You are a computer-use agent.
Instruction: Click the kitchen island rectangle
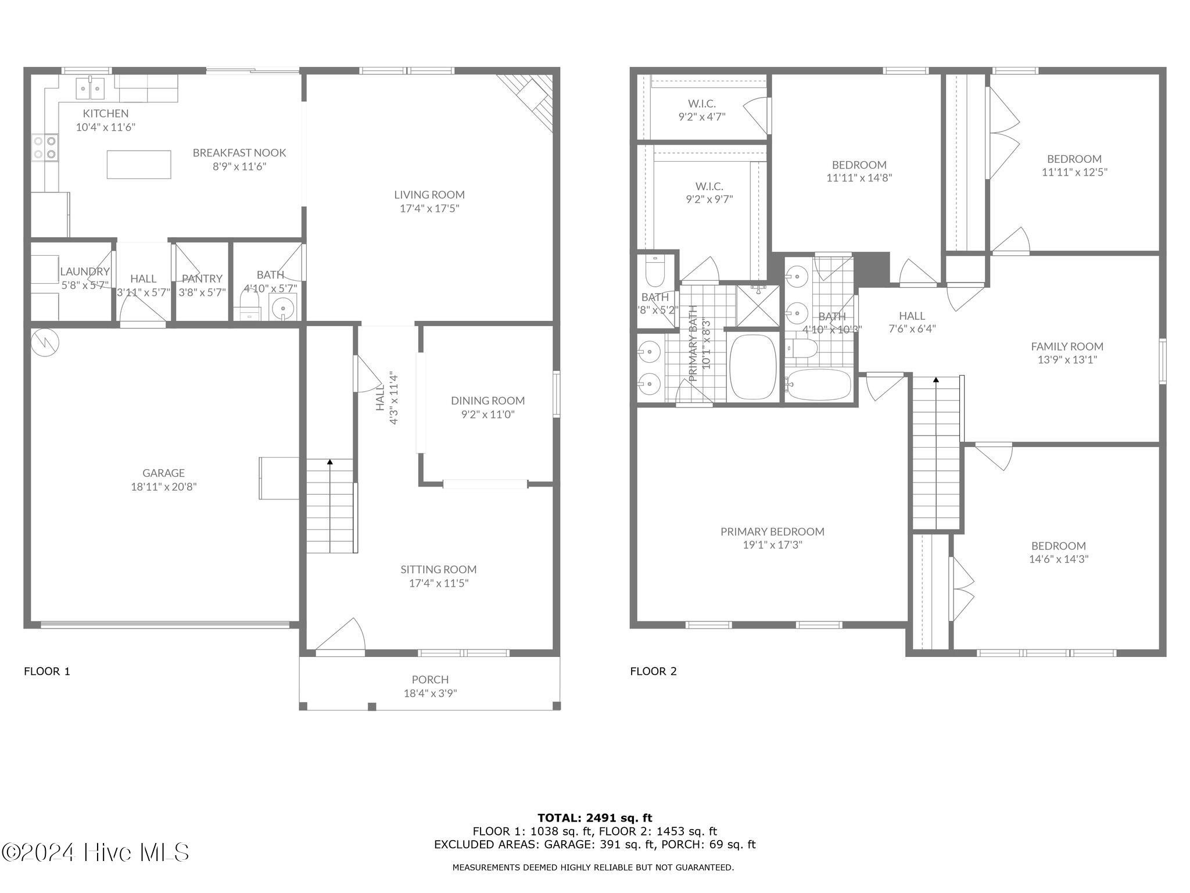139,165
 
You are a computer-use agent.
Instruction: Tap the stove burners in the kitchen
45,147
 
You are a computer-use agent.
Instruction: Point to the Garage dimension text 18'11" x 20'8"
164,487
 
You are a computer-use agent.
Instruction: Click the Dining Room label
488,401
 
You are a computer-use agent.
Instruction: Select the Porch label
430,679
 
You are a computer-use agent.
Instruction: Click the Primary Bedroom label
772,531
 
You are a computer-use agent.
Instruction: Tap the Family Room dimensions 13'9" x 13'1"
1067,360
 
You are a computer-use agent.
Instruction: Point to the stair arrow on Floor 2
935,380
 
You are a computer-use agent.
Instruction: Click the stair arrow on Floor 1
330,462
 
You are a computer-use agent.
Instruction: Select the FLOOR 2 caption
653,671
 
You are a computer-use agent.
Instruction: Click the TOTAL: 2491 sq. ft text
594,818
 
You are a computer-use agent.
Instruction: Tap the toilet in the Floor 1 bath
249,303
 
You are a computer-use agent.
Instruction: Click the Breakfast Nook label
239,153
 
